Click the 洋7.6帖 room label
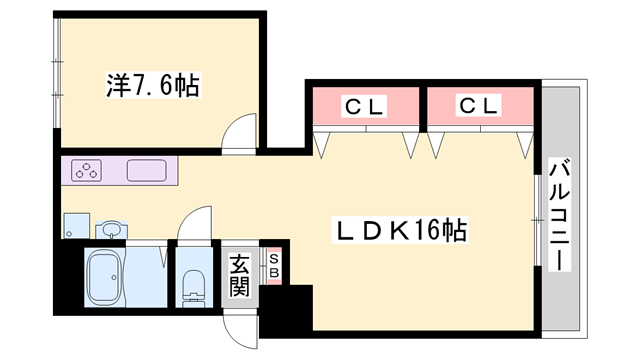(153, 85)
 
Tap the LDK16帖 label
(400, 230)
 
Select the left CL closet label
(364, 107)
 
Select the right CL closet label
(479, 106)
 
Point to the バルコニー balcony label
(559, 216)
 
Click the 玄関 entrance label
(239, 275)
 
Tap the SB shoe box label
(274, 265)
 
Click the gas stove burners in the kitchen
(86, 171)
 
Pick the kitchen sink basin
(147, 171)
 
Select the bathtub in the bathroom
(104, 278)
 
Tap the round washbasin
(111, 229)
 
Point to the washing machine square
(77, 226)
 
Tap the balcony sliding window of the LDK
(538, 220)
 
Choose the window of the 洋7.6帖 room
(58, 73)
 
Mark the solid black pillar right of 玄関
(286, 309)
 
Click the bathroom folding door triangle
(163, 256)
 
